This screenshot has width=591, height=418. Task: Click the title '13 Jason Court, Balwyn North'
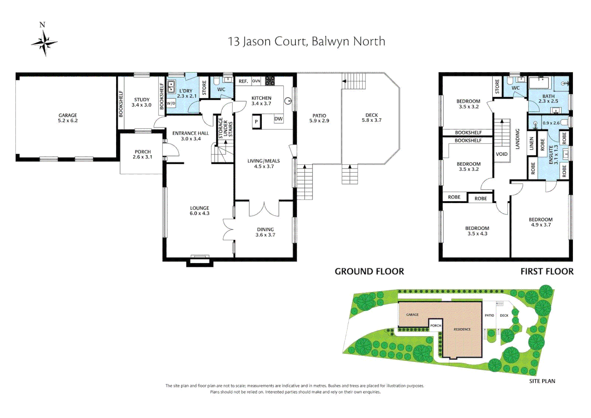point(306,41)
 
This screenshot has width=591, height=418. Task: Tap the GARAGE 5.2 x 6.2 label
point(68,118)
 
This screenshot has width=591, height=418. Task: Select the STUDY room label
point(142,102)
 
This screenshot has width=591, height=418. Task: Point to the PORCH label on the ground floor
point(143,154)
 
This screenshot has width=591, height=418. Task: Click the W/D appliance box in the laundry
point(171,104)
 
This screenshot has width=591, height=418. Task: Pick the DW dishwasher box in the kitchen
point(278,119)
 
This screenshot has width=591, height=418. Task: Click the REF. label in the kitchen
point(243,81)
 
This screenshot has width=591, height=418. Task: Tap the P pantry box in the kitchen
point(256,122)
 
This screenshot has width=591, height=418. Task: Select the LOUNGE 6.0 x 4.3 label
point(200,211)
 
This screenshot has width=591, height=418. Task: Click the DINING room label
point(265,232)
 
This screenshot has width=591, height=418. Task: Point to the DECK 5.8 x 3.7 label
point(372,118)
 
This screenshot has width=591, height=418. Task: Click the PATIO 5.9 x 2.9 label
point(319,118)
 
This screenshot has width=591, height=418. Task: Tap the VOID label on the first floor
point(502,154)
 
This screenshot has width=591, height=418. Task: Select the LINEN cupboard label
point(532,143)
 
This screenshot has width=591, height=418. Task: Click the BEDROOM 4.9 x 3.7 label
point(541,222)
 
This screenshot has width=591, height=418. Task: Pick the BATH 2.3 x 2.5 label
point(548,99)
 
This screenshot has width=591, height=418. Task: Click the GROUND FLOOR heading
point(369,271)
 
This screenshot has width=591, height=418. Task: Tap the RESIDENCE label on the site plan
point(462,329)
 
